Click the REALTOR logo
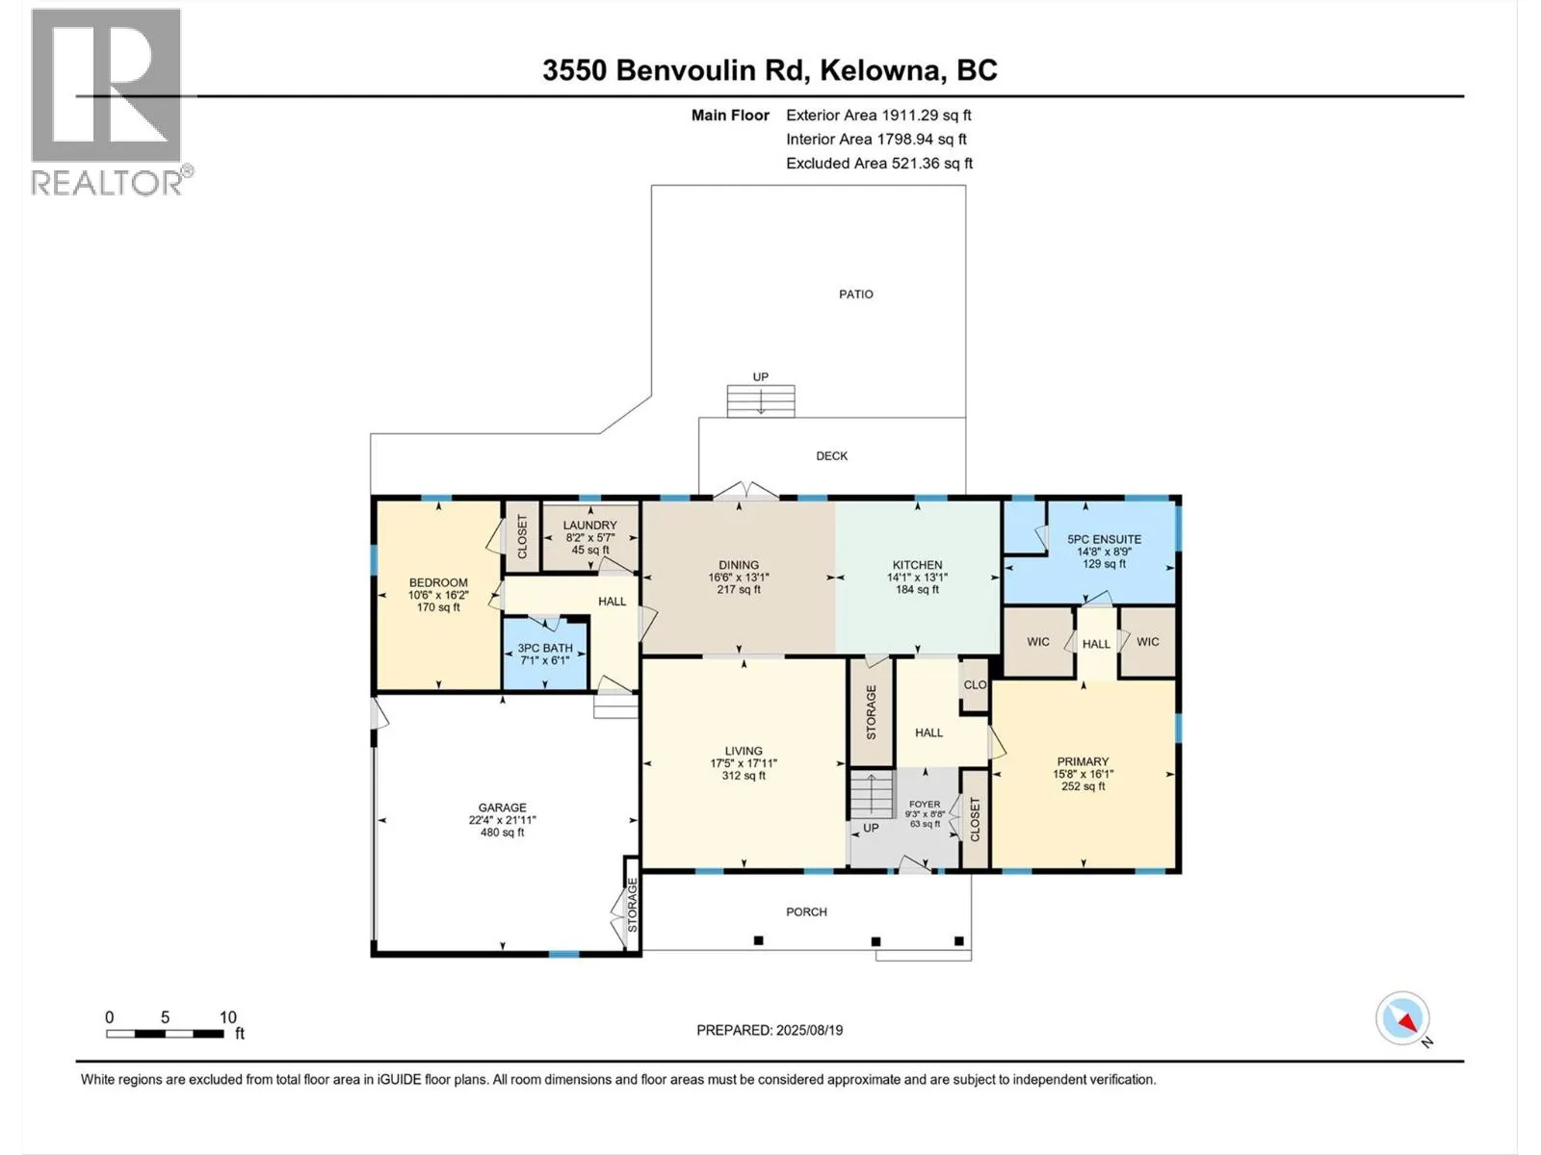coord(110,102)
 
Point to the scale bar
coord(165,1033)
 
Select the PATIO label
coord(856,295)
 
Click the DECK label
coord(831,456)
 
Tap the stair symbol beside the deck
coord(760,400)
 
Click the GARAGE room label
coord(502,808)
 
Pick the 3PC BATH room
coord(545,654)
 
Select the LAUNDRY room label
coord(589,526)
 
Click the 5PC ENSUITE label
coord(1104,539)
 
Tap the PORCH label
coord(806,911)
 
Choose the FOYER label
coord(924,805)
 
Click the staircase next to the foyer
coord(872,795)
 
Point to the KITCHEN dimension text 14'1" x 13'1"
coord(917,577)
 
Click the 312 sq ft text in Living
coord(744,776)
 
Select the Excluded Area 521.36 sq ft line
coord(879,164)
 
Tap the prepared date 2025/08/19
coord(809,1030)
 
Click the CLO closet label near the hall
coord(975,684)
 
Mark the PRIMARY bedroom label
coord(1083,761)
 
